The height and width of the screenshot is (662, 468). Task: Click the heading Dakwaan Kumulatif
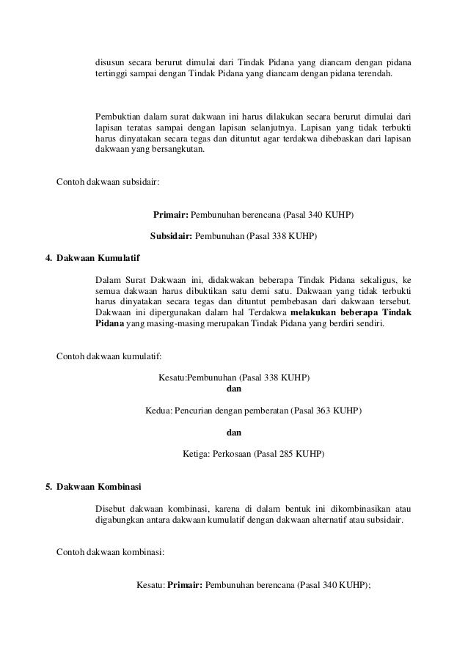pyautogui.click(x=98, y=259)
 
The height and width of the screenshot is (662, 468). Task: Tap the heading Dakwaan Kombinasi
pyautogui.click(x=100, y=486)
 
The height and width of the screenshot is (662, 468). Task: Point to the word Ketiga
pyautogui.click(x=194, y=454)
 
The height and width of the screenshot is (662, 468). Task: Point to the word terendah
pyautogui.click(x=373, y=74)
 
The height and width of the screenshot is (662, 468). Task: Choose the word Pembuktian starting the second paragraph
pyautogui.click(x=119, y=115)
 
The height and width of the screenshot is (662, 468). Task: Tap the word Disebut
pyautogui.click(x=111, y=509)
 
